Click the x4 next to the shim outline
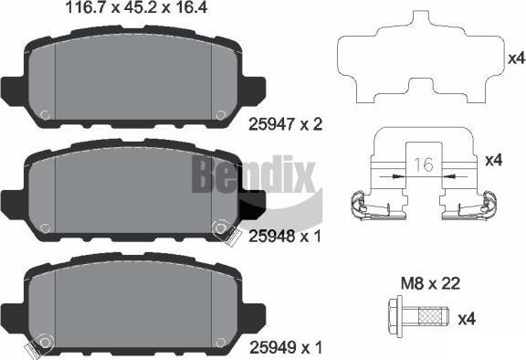(x=516, y=58)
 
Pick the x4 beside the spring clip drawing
(x=493, y=161)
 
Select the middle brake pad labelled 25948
(x=132, y=192)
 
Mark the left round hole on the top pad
(x=44, y=115)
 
